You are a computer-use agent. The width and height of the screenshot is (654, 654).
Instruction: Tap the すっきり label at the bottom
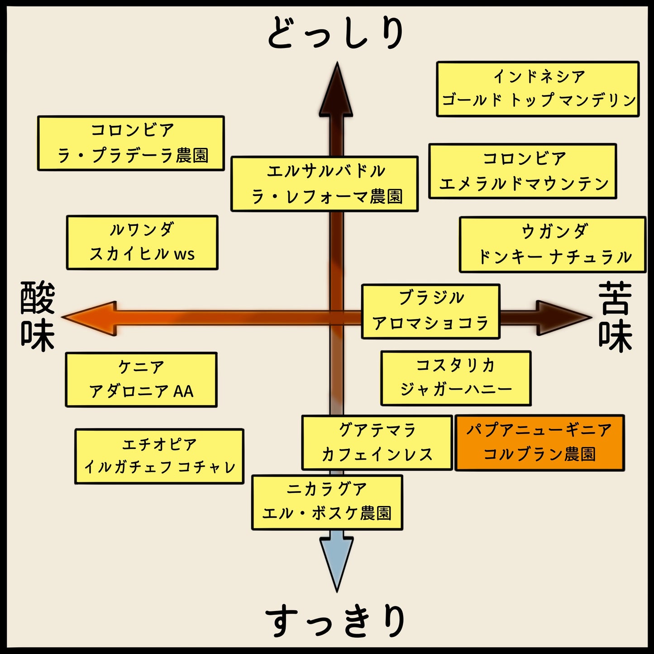(335, 621)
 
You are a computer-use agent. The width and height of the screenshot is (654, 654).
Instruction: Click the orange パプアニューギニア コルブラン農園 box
(539, 443)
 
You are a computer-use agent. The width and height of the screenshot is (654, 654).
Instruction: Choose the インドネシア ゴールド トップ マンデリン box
(538, 89)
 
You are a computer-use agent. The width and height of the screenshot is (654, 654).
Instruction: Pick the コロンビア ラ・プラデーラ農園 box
(131, 143)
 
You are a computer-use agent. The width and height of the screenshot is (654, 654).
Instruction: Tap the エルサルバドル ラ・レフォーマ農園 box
(324, 184)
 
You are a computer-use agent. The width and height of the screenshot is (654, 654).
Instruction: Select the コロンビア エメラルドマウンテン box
(523, 171)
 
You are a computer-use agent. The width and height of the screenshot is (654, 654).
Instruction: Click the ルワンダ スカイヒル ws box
(142, 243)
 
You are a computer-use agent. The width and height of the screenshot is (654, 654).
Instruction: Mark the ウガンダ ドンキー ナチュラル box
(553, 244)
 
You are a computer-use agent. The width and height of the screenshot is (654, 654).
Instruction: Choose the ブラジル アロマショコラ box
(430, 311)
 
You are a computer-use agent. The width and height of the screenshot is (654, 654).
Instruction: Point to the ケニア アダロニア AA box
(141, 379)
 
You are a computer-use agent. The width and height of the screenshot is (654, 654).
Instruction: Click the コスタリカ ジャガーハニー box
(456, 378)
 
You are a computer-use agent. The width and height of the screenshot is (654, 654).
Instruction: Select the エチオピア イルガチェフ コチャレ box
(159, 456)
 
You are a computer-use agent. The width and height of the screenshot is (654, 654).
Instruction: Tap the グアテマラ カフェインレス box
(377, 442)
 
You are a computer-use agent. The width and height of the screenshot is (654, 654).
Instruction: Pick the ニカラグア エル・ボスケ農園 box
(327, 502)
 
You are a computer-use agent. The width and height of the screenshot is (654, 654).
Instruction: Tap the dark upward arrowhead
(336, 91)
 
